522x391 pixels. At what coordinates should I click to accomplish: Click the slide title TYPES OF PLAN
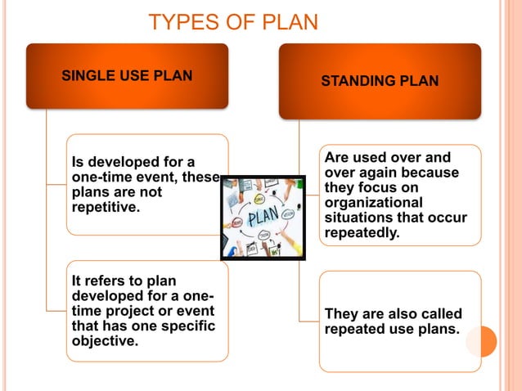[x=233, y=21]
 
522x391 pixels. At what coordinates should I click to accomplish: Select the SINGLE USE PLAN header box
[x=127, y=76]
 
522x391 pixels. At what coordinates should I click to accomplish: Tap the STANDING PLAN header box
[x=379, y=81]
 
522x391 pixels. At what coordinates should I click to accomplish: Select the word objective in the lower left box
[x=104, y=341]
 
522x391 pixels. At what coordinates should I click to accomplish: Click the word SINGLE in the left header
[x=87, y=76]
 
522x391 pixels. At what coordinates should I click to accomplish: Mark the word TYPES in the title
[x=181, y=21]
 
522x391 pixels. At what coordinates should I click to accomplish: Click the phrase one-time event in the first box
[x=123, y=178]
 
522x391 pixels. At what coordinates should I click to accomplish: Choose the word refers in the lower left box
[x=103, y=281]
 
